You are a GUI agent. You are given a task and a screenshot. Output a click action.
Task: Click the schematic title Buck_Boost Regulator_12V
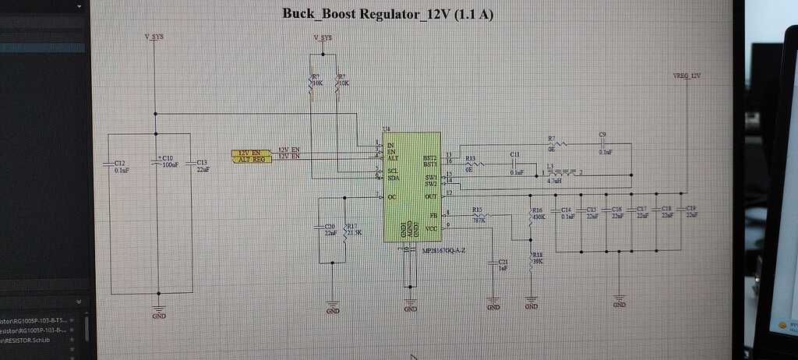coord(387,14)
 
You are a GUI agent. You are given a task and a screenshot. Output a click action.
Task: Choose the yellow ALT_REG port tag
coord(252,158)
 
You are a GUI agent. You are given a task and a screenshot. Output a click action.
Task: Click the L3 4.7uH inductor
coord(562,173)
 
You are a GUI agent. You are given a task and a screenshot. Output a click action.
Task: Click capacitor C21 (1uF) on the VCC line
coord(493,263)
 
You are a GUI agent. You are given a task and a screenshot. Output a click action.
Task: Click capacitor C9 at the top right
coord(602,144)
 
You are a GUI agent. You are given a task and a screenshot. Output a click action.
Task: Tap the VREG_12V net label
coord(687,76)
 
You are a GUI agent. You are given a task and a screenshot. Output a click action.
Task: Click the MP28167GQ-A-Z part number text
coord(443,250)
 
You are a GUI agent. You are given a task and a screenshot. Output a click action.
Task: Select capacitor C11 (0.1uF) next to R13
coord(514,164)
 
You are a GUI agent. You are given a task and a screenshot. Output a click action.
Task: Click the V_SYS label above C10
coord(155,37)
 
